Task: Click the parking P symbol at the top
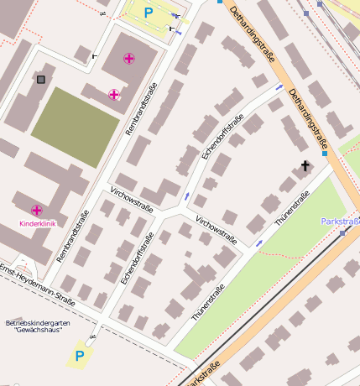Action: point(149,13)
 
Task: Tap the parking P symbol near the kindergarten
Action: point(80,356)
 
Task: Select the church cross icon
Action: point(305,166)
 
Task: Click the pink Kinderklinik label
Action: point(37,224)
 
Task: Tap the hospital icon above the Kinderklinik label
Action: point(37,210)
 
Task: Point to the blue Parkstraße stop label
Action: point(340,222)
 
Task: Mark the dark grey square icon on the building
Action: point(41,80)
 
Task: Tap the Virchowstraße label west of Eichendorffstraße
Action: point(132,201)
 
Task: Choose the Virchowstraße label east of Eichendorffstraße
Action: point(216,230)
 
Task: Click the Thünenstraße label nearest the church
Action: point(292,208)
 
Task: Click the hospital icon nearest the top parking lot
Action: point(128,59)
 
